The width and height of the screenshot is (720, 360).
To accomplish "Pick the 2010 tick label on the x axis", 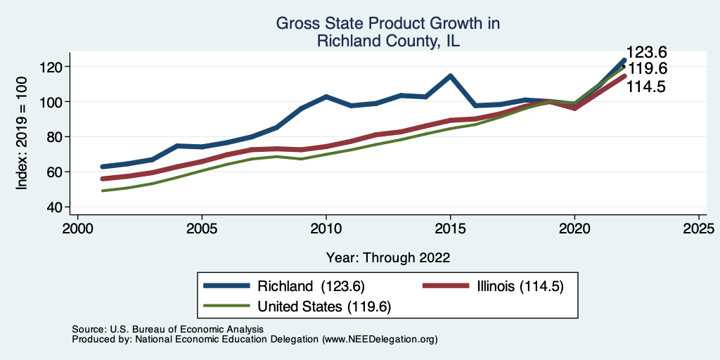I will coord(326,229).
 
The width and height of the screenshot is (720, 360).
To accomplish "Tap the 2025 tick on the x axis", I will coord(699,229).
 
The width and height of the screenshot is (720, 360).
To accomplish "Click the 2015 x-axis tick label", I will coord(450,229).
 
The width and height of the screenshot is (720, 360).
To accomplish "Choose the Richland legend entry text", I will coord(310,285).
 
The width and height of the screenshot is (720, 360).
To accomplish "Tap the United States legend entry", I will coord(323,306).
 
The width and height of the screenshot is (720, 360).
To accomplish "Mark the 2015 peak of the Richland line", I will coord(450,76).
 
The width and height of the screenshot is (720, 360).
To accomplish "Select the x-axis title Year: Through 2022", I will coord(388,257).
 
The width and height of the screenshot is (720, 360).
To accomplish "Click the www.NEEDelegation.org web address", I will coord(380,339).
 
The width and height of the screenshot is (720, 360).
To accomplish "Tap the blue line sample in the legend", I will coord(226,285).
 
